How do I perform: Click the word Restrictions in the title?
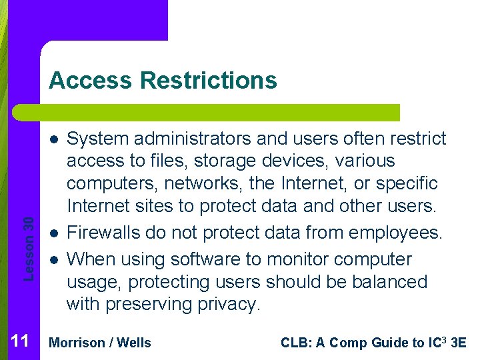pyautogui.click(x=209, y=81)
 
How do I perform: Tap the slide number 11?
pyautogui.click(x=20, y=342)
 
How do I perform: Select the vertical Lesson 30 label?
pyautogui.click(x=29, y=233)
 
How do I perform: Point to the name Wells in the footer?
pyautogui.click(x=134, y=343)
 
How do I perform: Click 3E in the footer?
pyautogui.click(x=459, y=343)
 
